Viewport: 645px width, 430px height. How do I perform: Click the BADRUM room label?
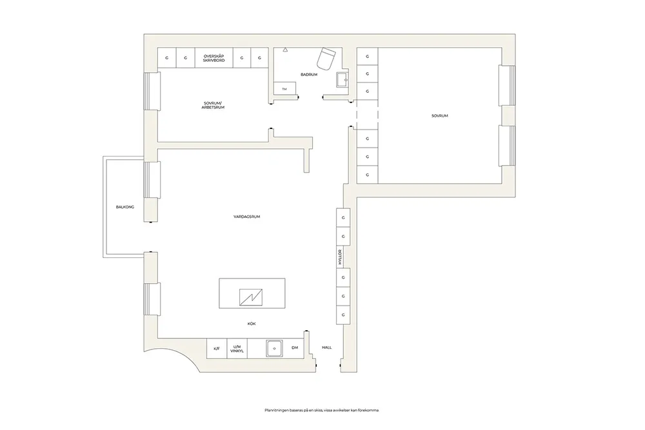(x=309, y=74)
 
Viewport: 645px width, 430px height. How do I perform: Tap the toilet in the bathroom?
(x=326, y=58)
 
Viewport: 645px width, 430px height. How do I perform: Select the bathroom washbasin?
(x=342, y=80)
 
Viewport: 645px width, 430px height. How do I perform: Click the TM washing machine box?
(x=284, y=88)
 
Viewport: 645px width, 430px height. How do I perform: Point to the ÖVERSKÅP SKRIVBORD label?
(x=214, y=58)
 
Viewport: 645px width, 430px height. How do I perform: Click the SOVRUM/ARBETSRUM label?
(x=213, y=105)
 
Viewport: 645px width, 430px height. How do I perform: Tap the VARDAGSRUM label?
(x=247, y=217)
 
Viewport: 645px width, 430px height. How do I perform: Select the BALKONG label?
(x=125, y=207)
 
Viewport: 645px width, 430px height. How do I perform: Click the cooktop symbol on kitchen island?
(x=251, y=297)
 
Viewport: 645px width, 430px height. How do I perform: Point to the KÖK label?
(x=252, y=324)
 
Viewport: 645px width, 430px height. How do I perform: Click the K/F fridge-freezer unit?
(x=216, y=348)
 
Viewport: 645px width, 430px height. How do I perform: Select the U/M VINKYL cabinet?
(x=237, y=348)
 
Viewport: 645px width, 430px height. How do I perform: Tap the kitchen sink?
(x=274, y=348)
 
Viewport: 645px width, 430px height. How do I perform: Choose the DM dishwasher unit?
(x=295, y=347)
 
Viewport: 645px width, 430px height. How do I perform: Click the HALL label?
(x=327, y=347)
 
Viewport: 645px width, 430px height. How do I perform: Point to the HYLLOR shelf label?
(x=340, y=257)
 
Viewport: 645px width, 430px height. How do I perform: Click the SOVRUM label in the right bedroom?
(x=440, y=116)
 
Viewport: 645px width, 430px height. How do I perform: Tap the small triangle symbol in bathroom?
(x=285, y=50)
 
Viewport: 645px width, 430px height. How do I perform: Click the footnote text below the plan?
(x=322, y=410)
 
